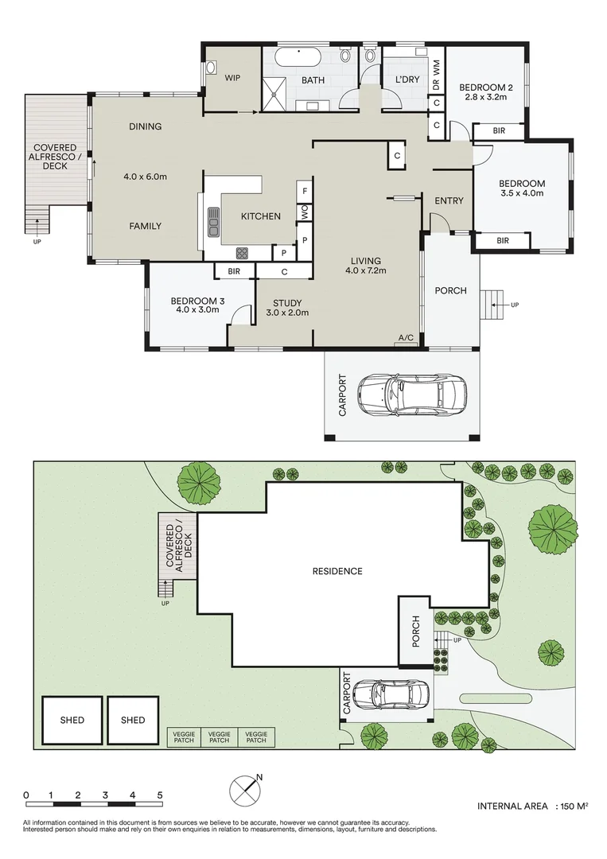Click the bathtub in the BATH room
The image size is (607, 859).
click(x=299, y=58)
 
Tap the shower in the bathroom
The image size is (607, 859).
click(x=277, y=95)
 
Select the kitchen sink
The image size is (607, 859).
click(x=213, y=222)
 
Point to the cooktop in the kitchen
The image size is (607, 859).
click(x=241, y=253)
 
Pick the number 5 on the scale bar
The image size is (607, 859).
click(x=161, y=795)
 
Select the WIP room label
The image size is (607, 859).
click(x=232, y=78)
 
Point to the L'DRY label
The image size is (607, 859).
click(x=407, y=80)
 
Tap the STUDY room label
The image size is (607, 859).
click(x=287, y=302)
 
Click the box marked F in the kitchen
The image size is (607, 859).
click(x=304, y=191)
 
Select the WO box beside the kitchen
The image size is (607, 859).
click(x=304, y=213)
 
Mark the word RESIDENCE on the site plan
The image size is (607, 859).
click(x=337, y=571)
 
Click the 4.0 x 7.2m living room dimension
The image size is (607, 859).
click(x=366, y=271)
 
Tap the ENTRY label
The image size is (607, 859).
click(x=449, y=200)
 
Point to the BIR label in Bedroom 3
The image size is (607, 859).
click(x=234, y=272)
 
